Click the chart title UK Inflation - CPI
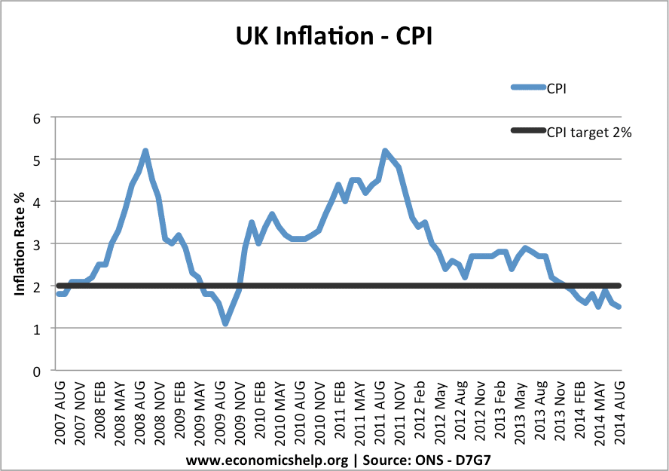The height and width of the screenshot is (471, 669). (334, 35)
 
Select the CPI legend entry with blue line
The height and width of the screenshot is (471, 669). (557, 87)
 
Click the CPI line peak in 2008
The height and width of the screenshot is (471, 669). (145, 151)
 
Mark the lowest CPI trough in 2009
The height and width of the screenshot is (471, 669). (225, 323)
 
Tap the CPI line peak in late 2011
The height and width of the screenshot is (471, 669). (385, 151)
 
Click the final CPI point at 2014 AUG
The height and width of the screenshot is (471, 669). (619, 307)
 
